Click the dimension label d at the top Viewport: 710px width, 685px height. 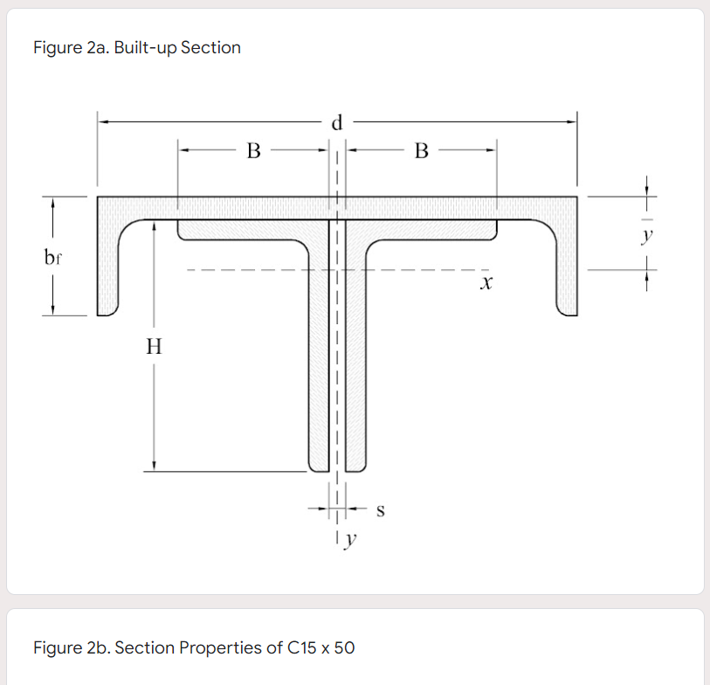coord(337,123)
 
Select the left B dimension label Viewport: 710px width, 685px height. coord(253,151)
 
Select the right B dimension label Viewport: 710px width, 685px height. coord(421,151)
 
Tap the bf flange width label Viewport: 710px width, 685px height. coord(53,258)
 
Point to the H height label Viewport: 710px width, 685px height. coord(154,347)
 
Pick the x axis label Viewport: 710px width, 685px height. coord(486,284)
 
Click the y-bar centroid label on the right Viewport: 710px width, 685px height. coord(646,233)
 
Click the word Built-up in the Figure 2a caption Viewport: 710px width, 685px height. coord(142,47)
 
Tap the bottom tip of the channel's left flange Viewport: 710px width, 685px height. coord(107,312)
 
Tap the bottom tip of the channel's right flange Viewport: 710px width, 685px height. coord(567,312)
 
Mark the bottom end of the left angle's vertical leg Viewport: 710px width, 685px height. coord(318,465)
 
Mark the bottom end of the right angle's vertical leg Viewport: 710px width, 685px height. coord(356,465)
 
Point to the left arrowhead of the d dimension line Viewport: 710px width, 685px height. coord(100,123)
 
